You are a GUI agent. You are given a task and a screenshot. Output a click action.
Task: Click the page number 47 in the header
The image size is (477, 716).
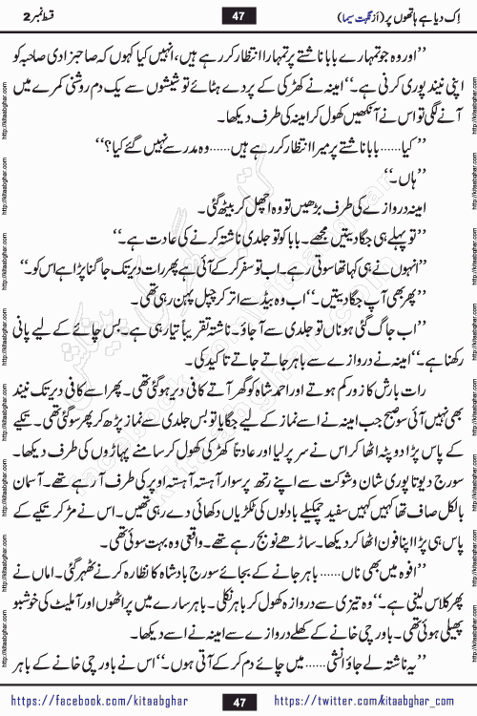(x=238, y=16)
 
